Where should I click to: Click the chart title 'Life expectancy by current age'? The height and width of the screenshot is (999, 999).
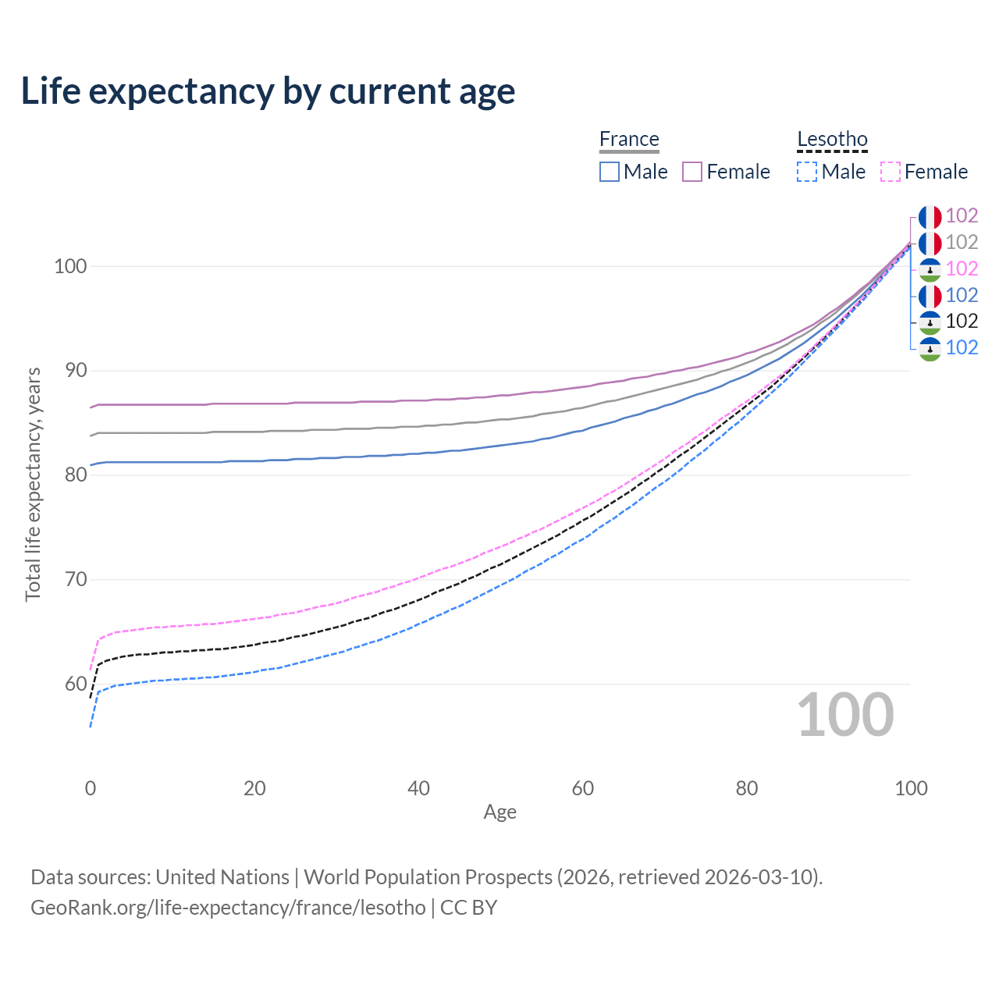[x=268, y=91]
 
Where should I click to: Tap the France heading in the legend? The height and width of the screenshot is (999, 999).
[x=629, y=140]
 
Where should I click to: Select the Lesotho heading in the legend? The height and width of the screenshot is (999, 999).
[x=832, y=140]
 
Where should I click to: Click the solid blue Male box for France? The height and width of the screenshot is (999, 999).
[x=610, y=172]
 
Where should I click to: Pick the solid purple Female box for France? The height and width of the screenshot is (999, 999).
[x=692, y=172]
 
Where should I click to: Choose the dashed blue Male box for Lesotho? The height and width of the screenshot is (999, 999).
[x=807, y=172]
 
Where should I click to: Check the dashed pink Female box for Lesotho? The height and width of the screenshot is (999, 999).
[x=891, y=172]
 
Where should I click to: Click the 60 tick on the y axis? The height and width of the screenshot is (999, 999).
[x=76, y=684]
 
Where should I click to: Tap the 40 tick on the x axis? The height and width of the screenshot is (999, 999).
[x=418, y=788]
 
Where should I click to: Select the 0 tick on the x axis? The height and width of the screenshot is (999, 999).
[x=91, y=788]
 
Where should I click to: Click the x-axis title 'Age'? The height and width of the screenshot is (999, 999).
[x=499, y=812]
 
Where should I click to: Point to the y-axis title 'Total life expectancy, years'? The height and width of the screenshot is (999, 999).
[x=33, y=484]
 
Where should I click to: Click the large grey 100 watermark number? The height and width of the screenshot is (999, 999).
[x=845, y=715]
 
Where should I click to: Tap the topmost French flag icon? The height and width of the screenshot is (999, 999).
[x=930, y=217]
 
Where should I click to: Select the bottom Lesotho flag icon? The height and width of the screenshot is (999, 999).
[x=930, y=348]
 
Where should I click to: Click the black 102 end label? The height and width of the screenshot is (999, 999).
[x=962, y=321]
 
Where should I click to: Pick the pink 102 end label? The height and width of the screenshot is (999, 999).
[x=962, y=268]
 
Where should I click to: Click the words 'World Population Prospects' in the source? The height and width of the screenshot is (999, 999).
[x=428, y=877]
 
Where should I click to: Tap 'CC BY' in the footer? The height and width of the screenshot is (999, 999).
[x=468, y=908]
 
